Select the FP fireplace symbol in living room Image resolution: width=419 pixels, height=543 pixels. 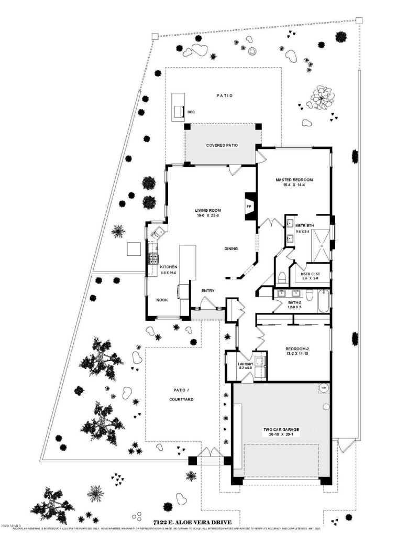click(249, 205)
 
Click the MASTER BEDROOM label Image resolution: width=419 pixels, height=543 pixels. click(294, 180)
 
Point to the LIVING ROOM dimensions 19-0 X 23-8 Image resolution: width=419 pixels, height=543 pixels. click(204, 215)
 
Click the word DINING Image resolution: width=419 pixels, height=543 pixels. click(231, 249)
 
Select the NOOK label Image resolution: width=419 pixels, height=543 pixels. click(162, 300)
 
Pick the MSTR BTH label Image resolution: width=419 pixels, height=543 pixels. click(304, 226)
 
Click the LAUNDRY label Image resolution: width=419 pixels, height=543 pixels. click(245, 364)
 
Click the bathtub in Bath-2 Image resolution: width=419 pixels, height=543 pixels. click(324, 302)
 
